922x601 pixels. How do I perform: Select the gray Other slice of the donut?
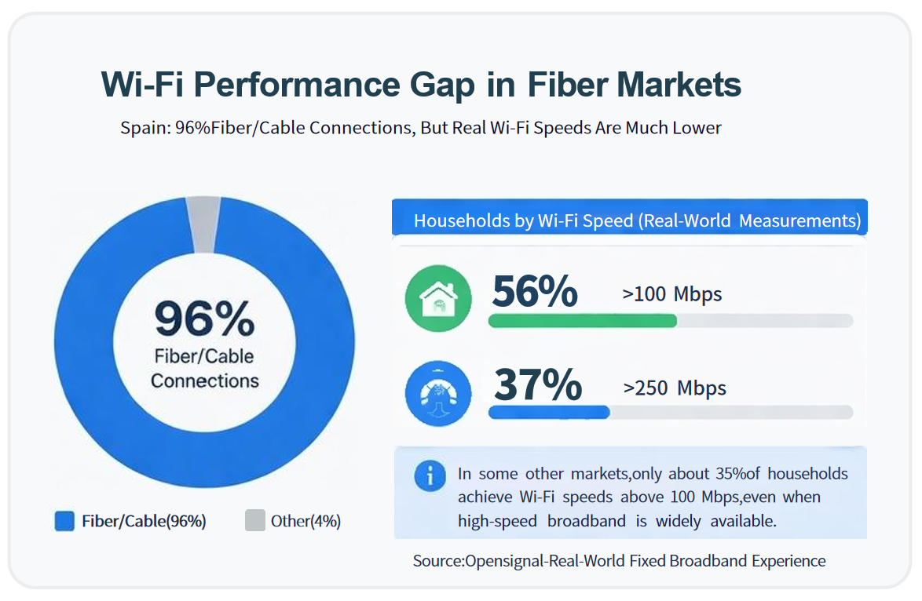(x=203, y=224)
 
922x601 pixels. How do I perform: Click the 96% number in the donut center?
(x=204, y=319)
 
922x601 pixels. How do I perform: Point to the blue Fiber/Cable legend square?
(x=64, y=521)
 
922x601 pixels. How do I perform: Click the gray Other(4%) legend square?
(x=254, y=521)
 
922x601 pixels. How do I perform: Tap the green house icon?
(x=438, y=299)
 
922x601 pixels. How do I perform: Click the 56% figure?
(x=535, y=292)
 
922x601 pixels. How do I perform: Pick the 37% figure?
(x=538, y=384)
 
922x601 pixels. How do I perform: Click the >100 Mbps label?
(x=671, y=295)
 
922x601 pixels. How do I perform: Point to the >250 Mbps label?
(x=675, y=388)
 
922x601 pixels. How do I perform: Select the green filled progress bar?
(x=582, y=320)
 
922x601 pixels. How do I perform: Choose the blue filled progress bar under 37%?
(x=549, y=412)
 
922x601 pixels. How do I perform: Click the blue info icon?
(x=430, y=475)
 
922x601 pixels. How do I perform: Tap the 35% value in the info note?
(x=732, y=474)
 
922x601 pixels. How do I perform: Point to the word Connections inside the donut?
(x=204, y=381)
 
